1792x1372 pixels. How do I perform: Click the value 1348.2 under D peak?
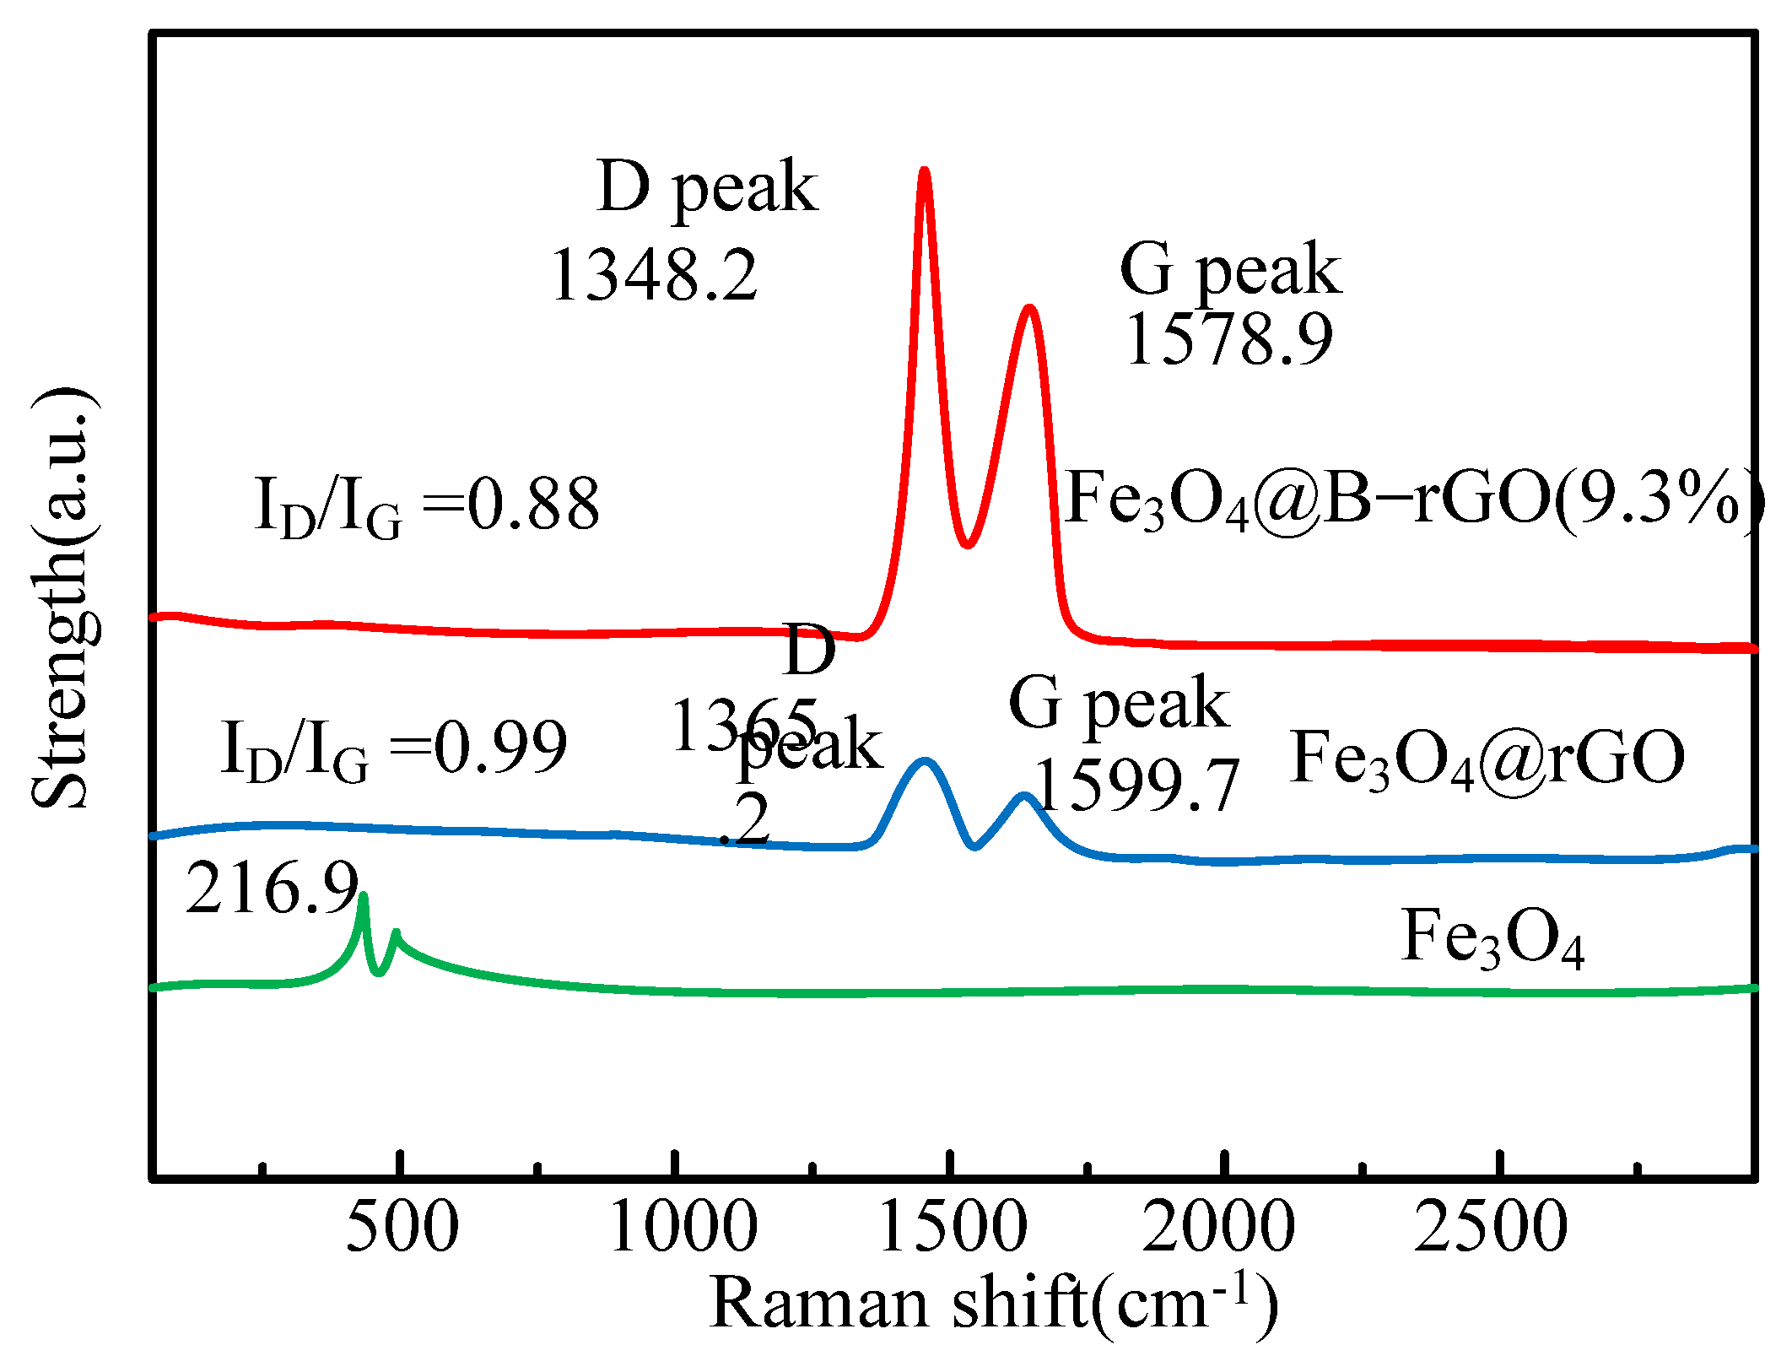coord(654,276)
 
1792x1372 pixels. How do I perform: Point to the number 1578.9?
coord(1229,339)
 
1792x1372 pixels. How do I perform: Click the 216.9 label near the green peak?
coord(272,889)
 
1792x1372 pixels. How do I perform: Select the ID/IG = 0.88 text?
coord(427,505)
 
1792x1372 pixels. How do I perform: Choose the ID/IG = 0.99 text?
coord(393,748)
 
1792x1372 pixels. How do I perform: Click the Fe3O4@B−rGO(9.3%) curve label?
coord(1413,500)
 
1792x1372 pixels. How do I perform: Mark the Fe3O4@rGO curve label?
coord(1487,759)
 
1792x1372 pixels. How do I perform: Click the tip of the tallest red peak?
coord(924,171)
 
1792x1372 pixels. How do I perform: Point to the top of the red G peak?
coord(1029,308)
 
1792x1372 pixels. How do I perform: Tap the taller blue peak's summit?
coord(925,761)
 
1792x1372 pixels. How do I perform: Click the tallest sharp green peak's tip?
coord(364,896)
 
